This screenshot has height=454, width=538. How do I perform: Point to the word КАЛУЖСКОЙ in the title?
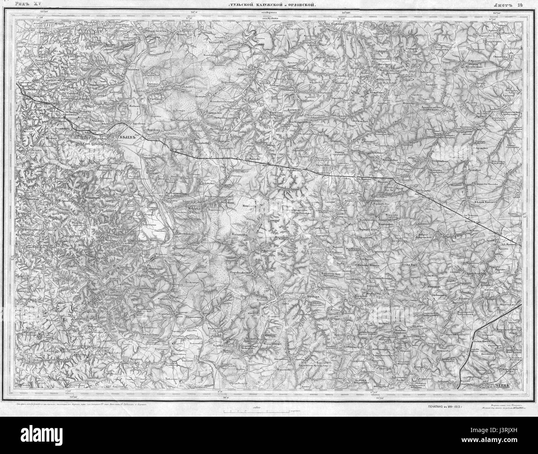pos(275,5)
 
